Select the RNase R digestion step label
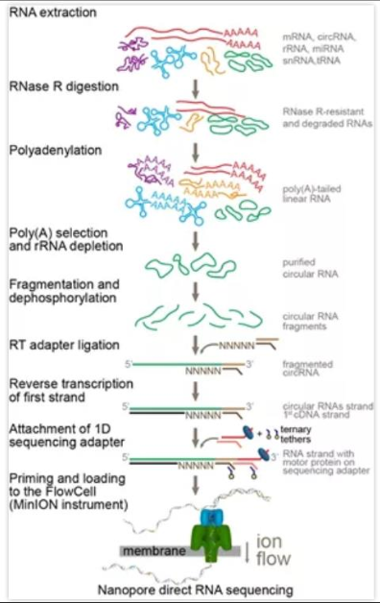pos(62,86)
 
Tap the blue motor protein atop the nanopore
pos(196,516)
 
